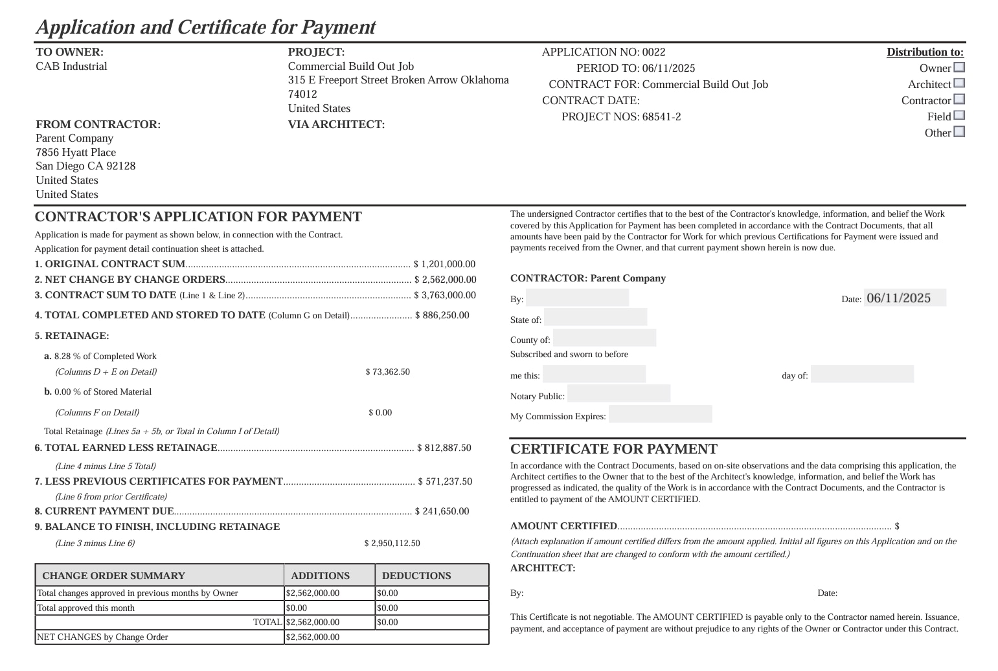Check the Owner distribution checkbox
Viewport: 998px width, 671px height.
click(x=959, y=67)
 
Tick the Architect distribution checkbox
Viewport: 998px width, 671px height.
click(x=959, y=83)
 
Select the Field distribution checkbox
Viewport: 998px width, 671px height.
click(x=959, y=116)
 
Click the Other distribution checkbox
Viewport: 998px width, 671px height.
click(x=959, y=132)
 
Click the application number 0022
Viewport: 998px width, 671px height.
click(x=653, y=52)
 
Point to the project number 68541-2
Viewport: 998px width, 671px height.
click(x=661, y=117)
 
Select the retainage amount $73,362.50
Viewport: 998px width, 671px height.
click(x=387, y=372)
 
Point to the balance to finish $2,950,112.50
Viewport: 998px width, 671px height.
click(x=392, y=544)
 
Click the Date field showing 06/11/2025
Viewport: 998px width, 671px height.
click(x=904, y=298)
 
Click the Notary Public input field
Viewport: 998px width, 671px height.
click(x=618, y=394)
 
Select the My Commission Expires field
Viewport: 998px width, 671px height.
click(x=660, y=414)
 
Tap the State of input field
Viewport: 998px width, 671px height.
click(x=595, y=318)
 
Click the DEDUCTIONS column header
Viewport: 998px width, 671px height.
click(x=416, y=576)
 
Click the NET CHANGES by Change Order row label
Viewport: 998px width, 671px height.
click(x=102, y=637)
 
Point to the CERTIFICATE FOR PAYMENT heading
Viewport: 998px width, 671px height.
click(x=613, y=449)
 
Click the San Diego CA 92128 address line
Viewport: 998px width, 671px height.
click(x=85, y=166)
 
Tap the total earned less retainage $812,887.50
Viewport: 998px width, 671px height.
click(x=444, y=448)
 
